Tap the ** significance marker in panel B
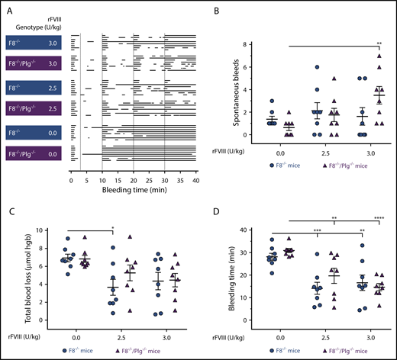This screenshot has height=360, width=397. [379, 44]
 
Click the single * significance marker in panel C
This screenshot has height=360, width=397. [113, 227]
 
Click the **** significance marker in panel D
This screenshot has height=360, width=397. [379, 227]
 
